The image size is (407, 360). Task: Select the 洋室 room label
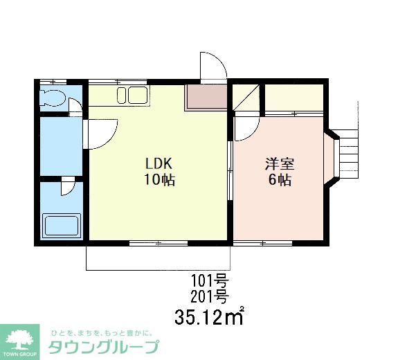click(280, 165)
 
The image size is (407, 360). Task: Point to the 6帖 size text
click(280, 181)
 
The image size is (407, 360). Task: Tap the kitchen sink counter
click(131, 96)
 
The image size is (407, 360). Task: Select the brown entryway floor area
click(206, 98)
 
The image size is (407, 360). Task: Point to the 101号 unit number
click(209, 282)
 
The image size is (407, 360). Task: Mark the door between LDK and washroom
click(101, 132)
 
